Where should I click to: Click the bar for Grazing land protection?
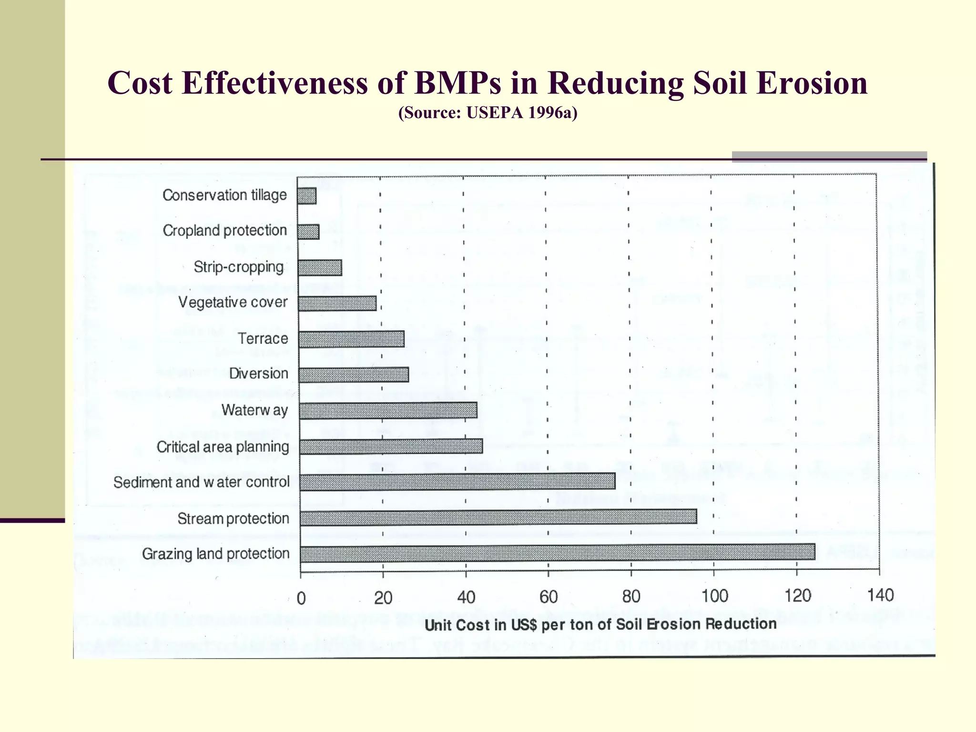click(558, 552)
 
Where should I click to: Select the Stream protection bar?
click(498, 517)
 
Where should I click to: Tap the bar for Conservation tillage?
click(306, 196)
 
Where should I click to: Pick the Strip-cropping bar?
click(320, 268)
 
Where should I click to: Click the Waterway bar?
click(388, 410)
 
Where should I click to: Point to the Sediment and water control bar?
click(457, 481)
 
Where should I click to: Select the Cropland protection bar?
click(308, 232)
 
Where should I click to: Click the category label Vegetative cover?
click(233, 302)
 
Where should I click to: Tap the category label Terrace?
click(263, 338)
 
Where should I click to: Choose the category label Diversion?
click(258, 373)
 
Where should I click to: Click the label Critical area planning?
click(223, 447)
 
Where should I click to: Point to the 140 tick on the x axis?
click(880, 595)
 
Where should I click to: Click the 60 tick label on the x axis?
click(549, 597)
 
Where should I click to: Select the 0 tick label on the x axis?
click(301, 598)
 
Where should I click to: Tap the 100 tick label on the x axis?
click(714, 596)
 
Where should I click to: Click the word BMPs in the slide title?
click(457, 83)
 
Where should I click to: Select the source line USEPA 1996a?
click(488, 112)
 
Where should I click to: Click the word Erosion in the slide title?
click(812, 83)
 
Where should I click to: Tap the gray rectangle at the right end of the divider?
click(829, 157)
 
